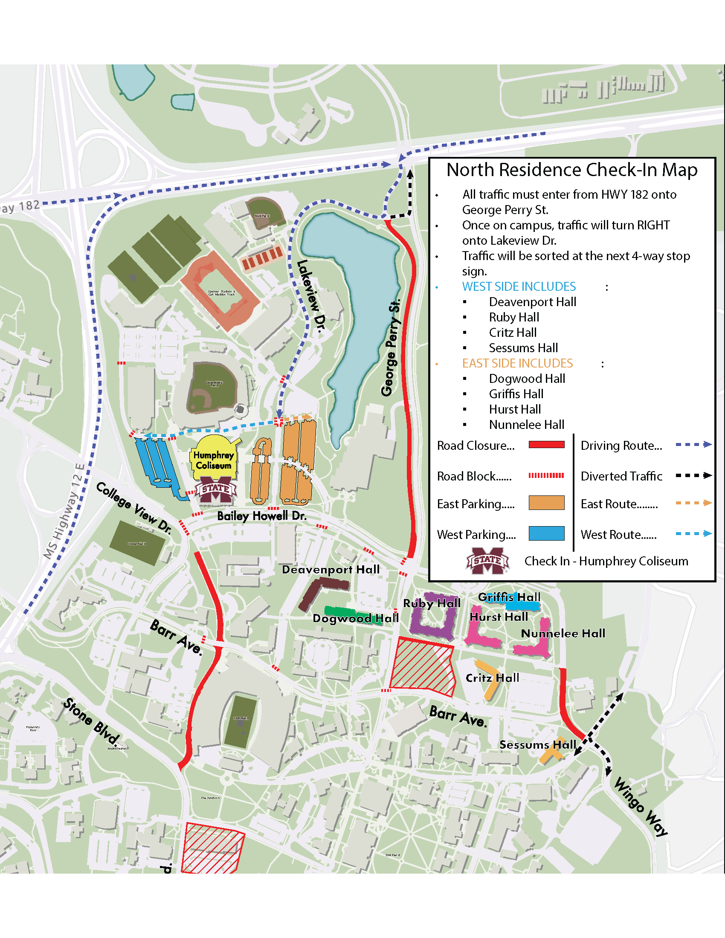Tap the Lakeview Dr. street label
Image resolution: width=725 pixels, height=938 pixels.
click(312, 296)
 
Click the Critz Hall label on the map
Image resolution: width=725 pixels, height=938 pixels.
click(492, 678)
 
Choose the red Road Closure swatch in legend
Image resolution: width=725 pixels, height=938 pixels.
click(546, 445)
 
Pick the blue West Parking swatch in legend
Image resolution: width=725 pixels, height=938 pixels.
click(546, 534)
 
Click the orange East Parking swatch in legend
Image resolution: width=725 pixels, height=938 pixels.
click(546, 503)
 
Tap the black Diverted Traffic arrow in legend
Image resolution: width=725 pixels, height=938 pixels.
click(693, 475)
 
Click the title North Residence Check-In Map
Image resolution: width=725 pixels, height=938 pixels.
click(571, 170)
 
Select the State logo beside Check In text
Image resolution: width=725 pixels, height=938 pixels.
click(487, 561)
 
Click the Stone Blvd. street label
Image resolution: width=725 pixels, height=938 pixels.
click(91, 721)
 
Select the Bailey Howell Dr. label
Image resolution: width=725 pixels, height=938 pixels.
click(261, 516)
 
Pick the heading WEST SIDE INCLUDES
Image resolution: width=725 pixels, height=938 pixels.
click(519, 287)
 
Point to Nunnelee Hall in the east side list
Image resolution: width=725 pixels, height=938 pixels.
click(526, 425)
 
